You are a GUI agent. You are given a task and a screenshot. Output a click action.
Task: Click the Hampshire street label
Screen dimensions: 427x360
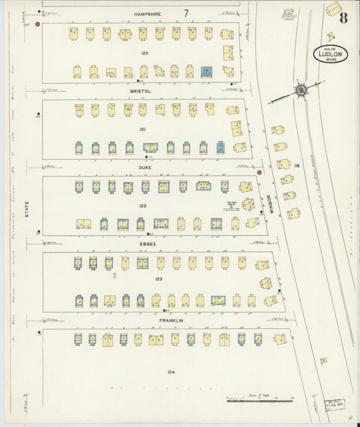pos(148,13)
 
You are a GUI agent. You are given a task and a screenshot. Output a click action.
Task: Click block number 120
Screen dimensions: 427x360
pos(144,52)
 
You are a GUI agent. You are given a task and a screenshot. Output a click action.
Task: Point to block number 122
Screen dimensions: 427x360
pos(143,205)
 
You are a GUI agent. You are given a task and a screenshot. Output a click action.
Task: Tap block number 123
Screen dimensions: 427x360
pos(159,278)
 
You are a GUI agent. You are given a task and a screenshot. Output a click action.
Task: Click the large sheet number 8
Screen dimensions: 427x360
pos(343,18)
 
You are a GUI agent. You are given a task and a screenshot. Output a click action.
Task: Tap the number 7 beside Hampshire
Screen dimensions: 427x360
pos(185,13)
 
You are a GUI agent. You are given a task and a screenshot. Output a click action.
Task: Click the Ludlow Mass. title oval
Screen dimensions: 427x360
pos(330,54)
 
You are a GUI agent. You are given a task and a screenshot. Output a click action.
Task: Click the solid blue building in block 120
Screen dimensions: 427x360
pos(207,72)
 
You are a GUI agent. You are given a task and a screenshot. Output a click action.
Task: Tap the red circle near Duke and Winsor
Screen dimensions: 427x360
pos(259,173)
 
